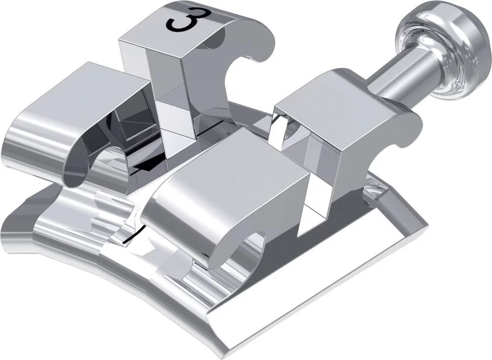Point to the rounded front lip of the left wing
click(x=30, y=148)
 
